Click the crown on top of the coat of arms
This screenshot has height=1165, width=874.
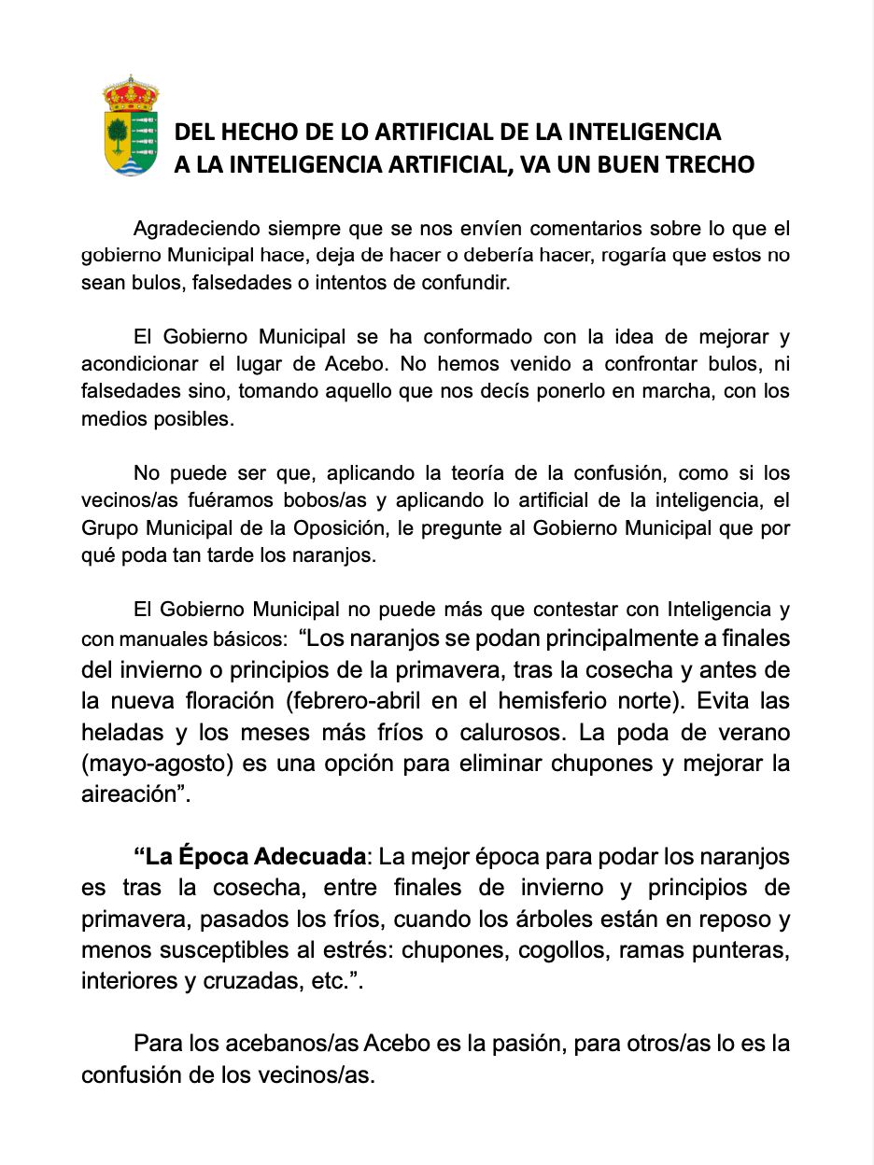coord(131,94)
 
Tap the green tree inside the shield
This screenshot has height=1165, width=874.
coord(118,135)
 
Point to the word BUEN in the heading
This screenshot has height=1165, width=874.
coord(619,164)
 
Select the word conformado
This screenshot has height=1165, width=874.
coord(492,336)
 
